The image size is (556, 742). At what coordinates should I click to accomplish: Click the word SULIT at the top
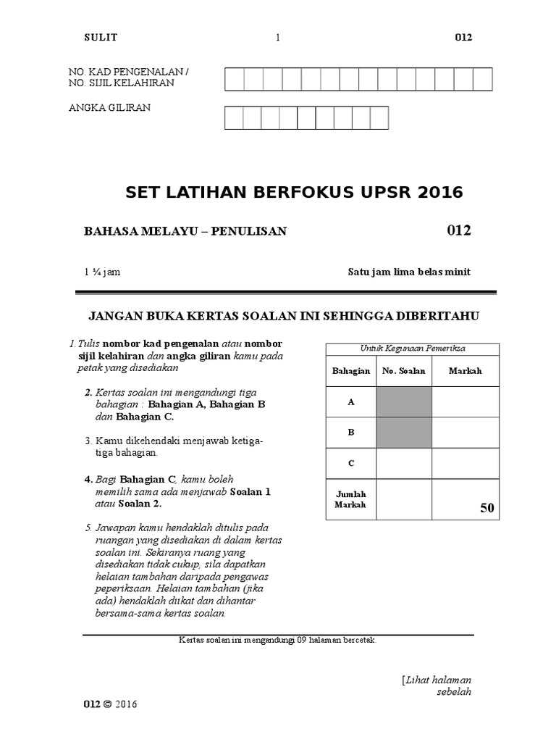pos(101,38)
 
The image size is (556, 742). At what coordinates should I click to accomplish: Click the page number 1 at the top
pos(277,38)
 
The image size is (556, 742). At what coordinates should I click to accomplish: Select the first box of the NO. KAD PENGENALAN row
pos(234,79)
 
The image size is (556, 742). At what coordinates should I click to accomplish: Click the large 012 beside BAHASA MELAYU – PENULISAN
pos(459,230)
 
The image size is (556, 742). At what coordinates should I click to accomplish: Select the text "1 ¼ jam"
pos(103,272)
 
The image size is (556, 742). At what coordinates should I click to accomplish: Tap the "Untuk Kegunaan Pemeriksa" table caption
pos(413,348)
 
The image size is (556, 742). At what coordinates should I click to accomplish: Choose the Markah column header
pos(465,371)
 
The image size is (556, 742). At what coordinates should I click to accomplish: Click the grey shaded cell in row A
pos(404,402)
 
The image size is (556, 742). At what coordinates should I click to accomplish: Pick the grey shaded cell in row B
pos(404,433)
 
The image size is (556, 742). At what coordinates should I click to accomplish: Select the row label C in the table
pos(351,463)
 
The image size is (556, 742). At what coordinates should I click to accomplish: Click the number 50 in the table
pos(486,509)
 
